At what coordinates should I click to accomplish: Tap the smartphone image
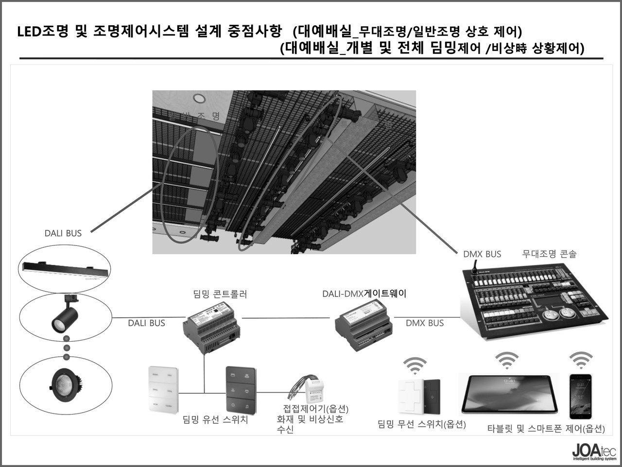click(581, 396)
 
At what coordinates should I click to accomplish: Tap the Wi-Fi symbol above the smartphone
click(581, 360)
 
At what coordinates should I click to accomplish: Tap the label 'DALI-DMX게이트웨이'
click(364, 294)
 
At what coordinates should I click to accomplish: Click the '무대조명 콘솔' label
click(549, 254)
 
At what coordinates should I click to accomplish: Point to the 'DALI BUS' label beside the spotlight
click(146, 323)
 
